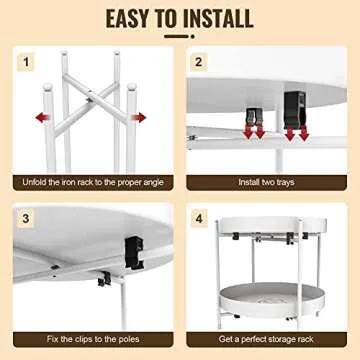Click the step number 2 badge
coord(200,62)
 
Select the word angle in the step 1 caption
coord(153,183)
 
